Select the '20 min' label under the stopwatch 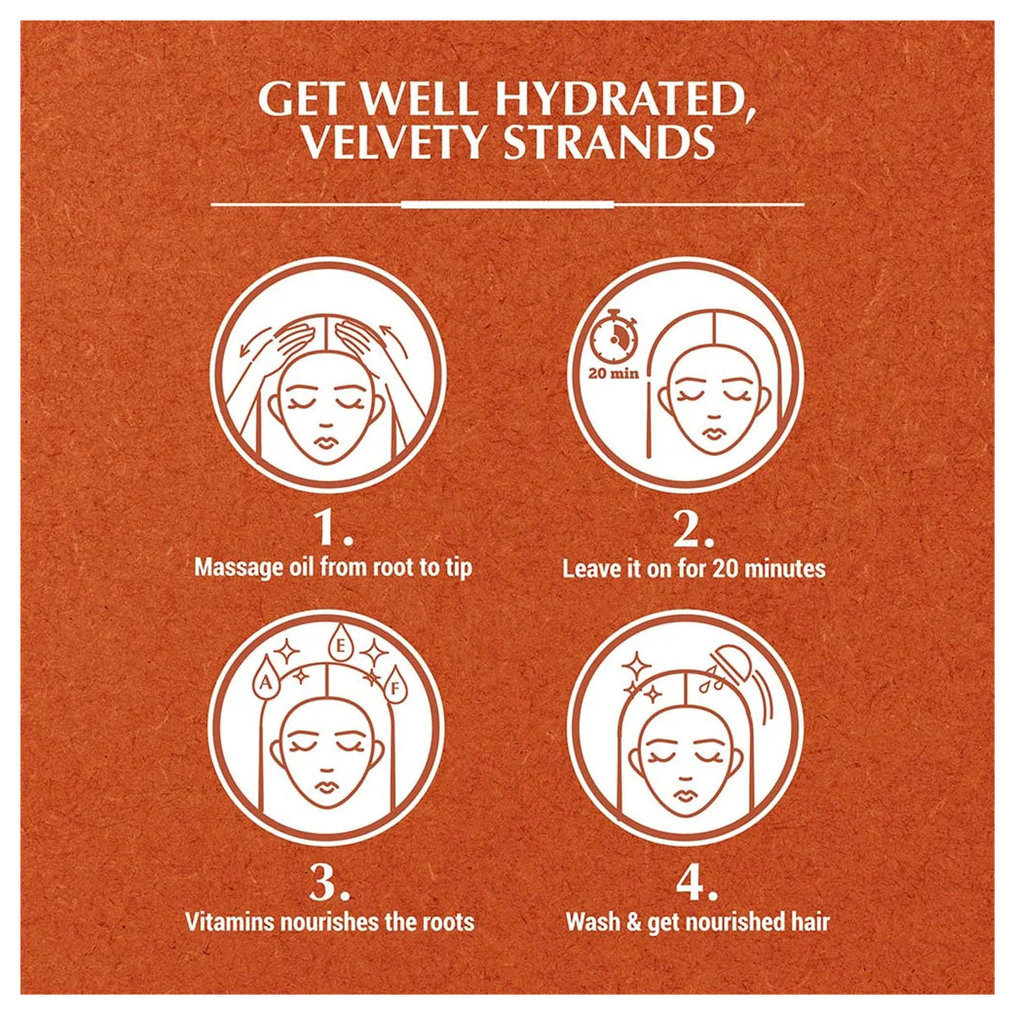tap(614, 374)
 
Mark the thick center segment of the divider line tap(507, 205)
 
